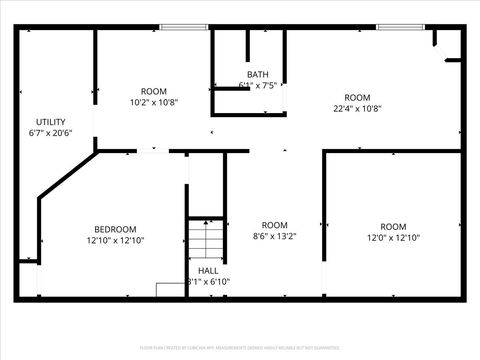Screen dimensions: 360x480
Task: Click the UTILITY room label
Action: [51, 121]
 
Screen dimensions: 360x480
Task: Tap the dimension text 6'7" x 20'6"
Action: [51, 132]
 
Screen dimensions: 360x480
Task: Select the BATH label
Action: [258, 74]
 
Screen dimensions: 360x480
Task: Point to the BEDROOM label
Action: [115, 229]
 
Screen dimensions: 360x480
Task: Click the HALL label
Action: [208, 271]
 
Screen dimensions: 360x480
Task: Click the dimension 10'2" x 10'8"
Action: [153, 102]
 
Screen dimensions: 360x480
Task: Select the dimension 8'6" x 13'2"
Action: [274, 237]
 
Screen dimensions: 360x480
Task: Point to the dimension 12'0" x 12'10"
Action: [393, 237]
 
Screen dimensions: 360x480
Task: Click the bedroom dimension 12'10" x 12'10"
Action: [115, 240]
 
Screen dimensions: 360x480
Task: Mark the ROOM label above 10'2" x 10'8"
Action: [153, 91]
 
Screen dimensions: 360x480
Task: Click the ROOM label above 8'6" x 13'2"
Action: [274, 225]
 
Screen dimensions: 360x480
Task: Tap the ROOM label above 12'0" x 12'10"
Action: [393, 225]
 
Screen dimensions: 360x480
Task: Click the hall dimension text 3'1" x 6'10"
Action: [208, 282]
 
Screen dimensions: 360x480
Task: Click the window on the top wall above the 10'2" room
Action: [176, 27]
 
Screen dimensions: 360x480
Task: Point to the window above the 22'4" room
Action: [393, 27]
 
